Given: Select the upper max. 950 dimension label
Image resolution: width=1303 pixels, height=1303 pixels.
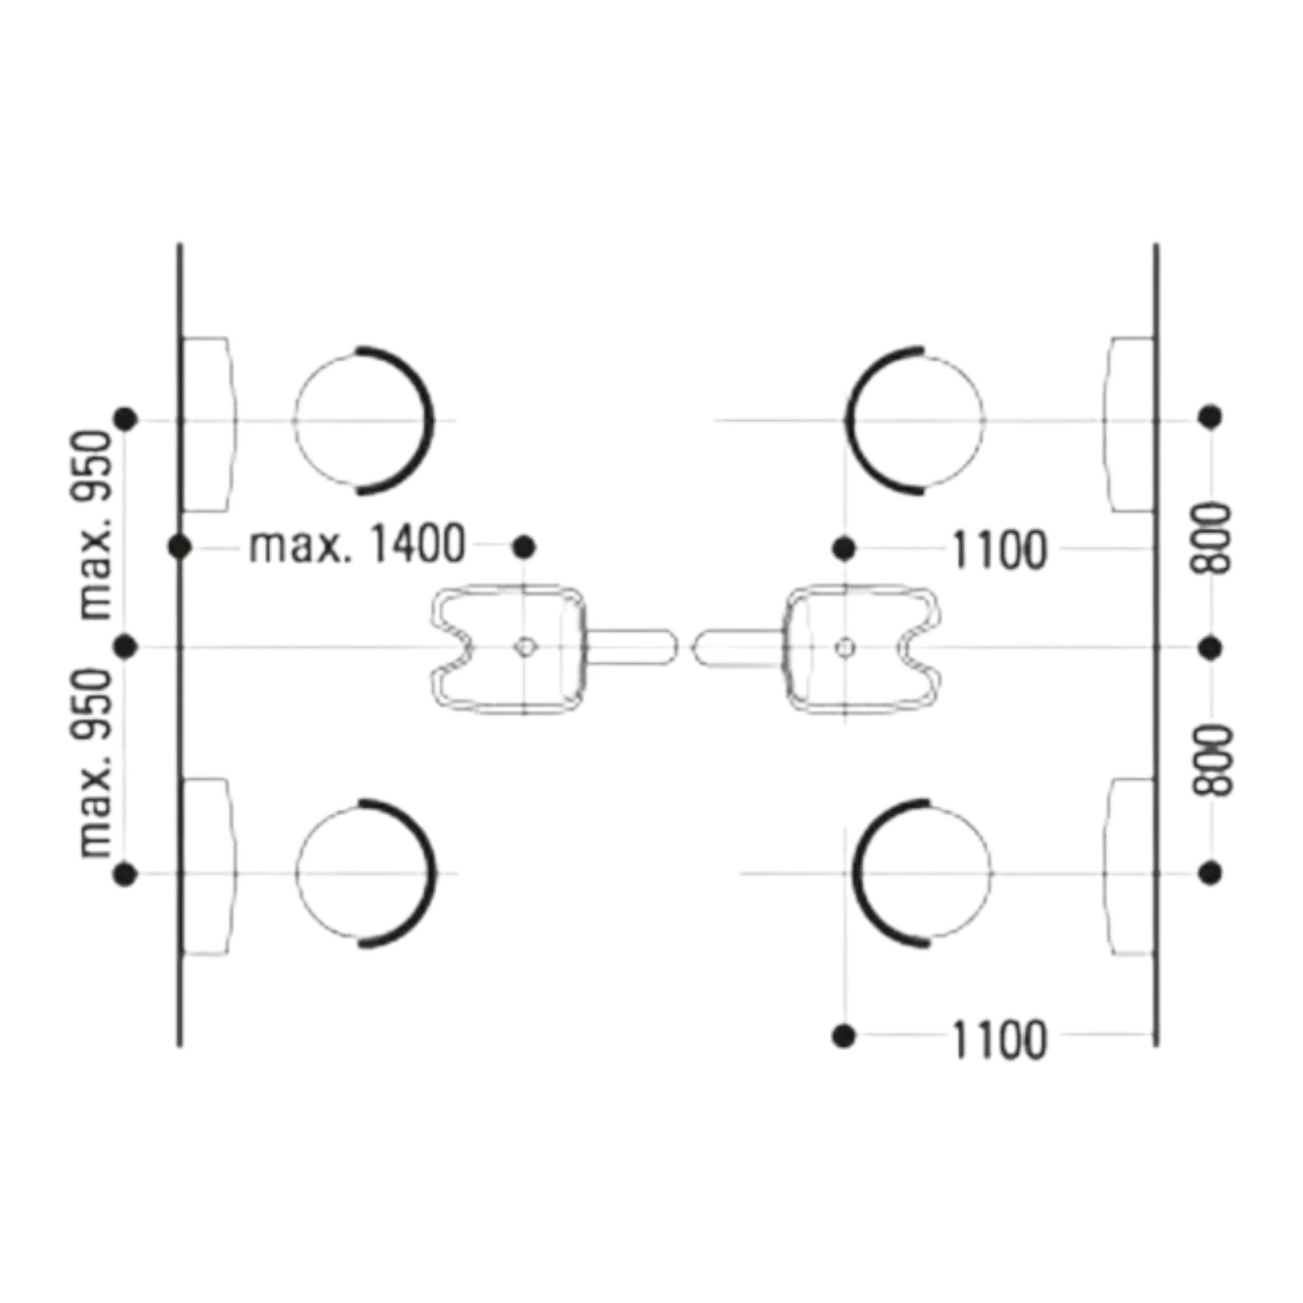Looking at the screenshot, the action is (94, 525).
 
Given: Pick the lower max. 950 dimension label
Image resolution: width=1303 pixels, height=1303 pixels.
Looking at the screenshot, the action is (94, 763).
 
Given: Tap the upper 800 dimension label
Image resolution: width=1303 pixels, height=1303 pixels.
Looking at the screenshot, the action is (1211, 537).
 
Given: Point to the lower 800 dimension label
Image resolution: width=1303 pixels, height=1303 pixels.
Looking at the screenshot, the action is (1211, 761).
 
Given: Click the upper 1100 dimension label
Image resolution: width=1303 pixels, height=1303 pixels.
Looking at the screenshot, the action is (999, 550).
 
